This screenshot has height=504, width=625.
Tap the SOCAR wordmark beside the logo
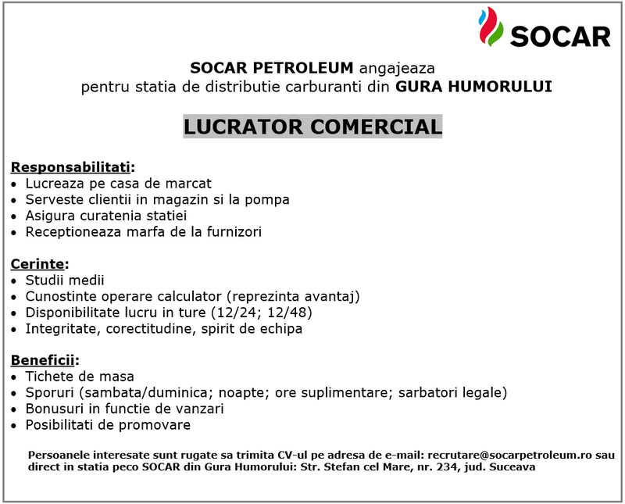[x=559, y=36]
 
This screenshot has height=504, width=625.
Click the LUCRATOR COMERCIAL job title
[x=312, y=127]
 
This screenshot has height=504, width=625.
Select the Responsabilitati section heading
[x=71, y=167]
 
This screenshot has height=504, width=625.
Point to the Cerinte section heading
[x=39, y=264]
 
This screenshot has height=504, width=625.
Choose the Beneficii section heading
[x=44, y=360]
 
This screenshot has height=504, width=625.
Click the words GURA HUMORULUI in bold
[x=473, y=86]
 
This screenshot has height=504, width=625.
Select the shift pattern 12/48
[x=291, y=313]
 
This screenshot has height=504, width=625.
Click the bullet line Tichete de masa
[x=79, y=377]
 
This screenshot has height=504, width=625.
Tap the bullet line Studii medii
[x=64, y=280]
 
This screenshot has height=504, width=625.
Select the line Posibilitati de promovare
[x=107, y=425]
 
